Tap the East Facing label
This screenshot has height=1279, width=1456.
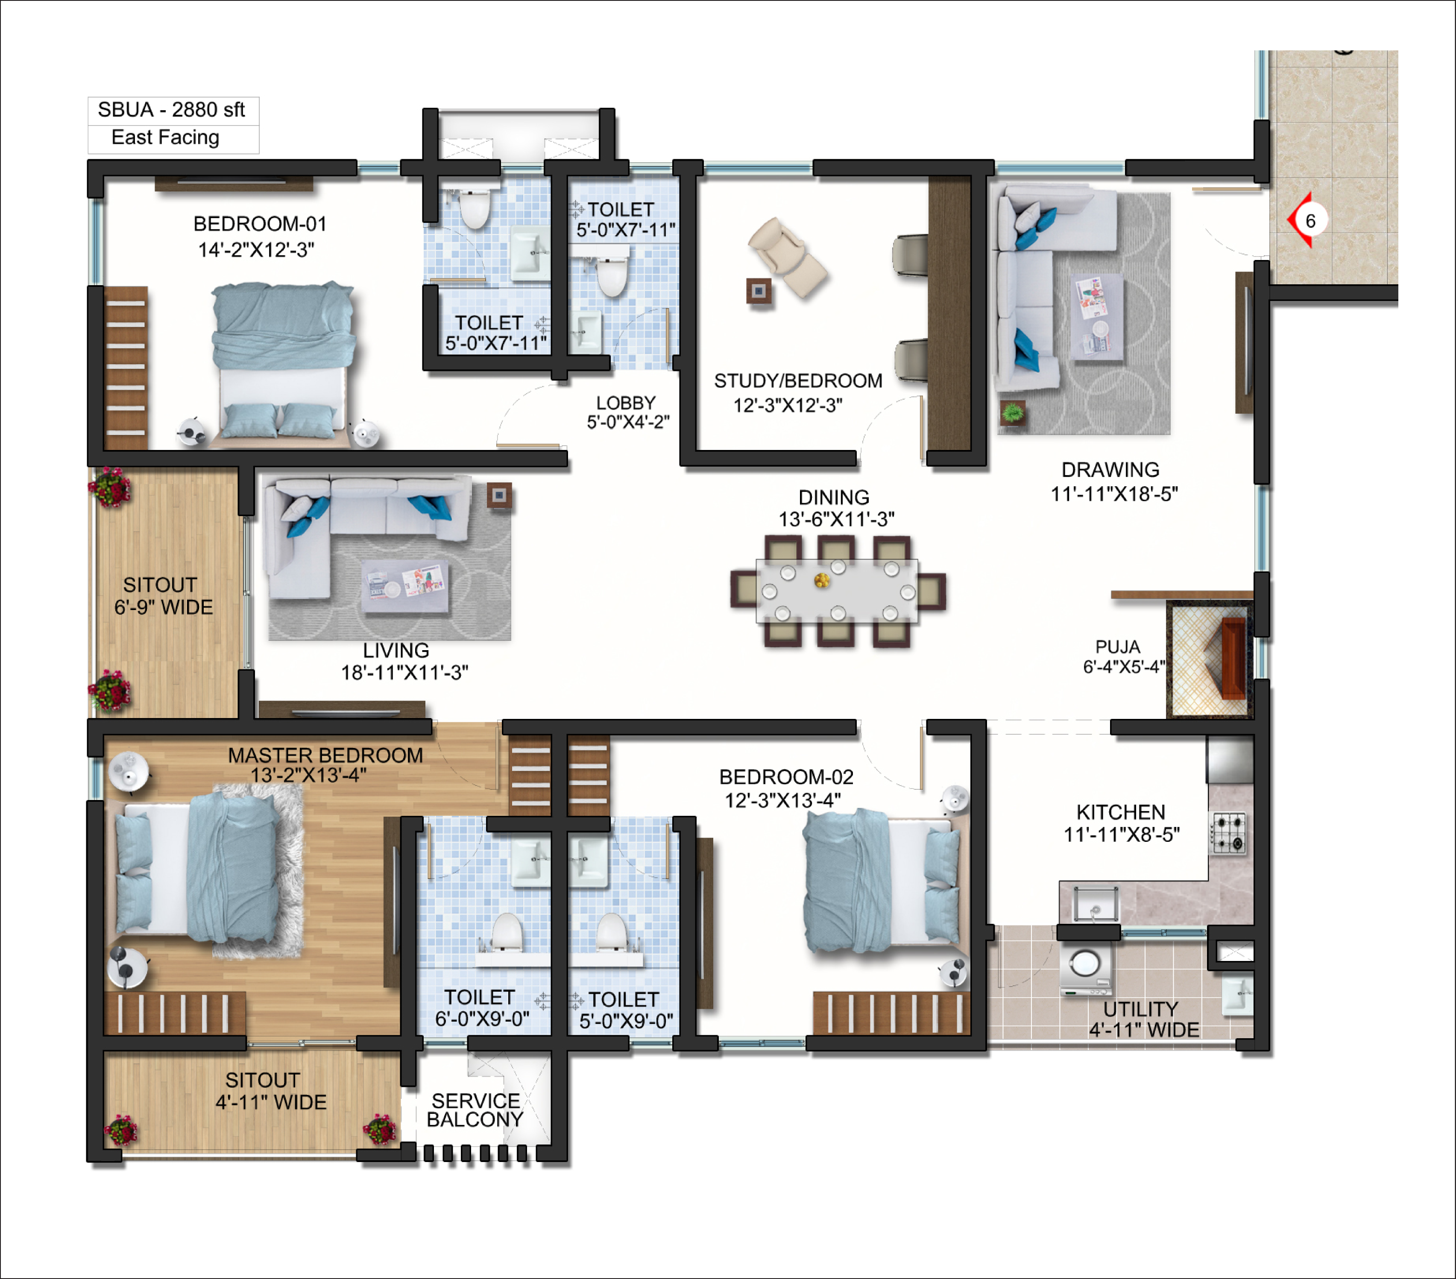click(165, 137)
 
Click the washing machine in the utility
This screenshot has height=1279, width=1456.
click(1085, 969)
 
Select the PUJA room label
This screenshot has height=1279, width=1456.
click(1118, 647)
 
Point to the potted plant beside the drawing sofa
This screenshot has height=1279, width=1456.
click(1012, 412)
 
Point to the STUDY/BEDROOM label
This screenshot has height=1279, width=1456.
click(798, 381)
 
